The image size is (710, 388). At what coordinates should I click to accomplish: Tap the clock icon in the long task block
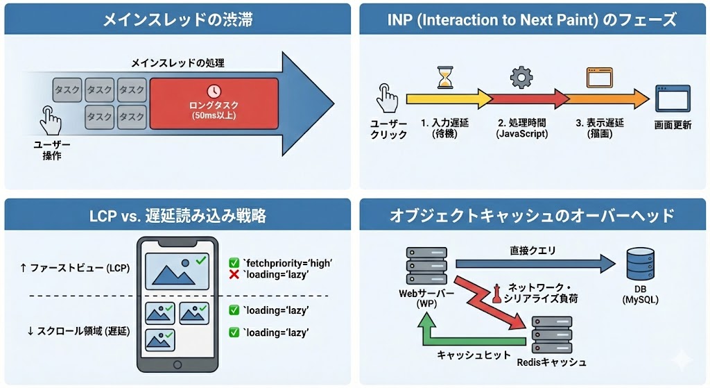pos(214,91)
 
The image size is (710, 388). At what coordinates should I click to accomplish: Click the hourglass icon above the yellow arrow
pos(444,77)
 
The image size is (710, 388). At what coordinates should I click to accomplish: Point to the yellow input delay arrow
pos(444,99)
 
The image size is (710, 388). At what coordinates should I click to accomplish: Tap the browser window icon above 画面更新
pos(673,99)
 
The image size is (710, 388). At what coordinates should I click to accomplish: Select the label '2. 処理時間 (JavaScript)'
pos(521,128)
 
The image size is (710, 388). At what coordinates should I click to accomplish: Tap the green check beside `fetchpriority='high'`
pos(234,263)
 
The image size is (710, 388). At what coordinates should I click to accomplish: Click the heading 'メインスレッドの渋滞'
pos(177,19)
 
